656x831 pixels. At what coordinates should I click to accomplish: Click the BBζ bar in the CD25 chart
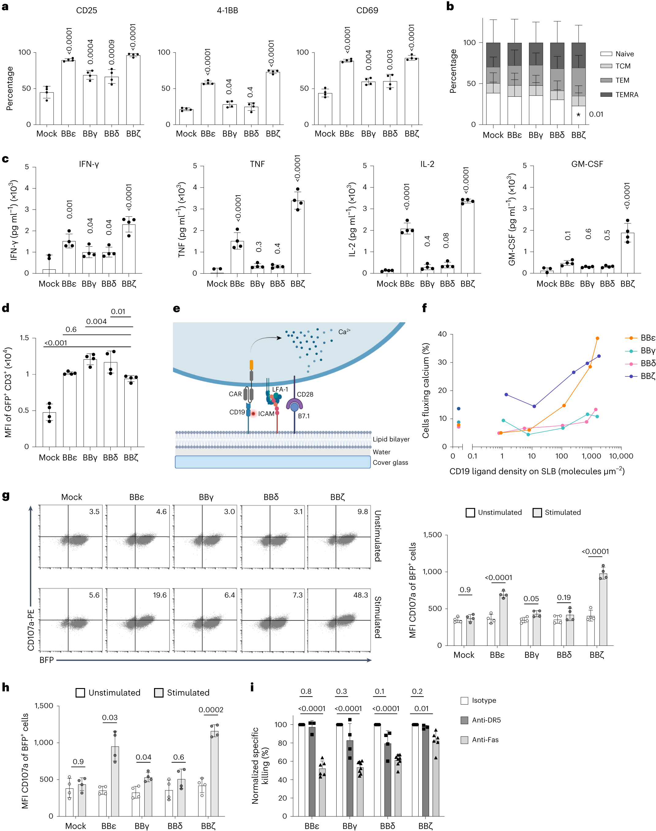[x=133, y=90]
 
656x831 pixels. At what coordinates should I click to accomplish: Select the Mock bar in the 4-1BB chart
[x=186, y=117]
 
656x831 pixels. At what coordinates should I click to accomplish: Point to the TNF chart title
[x=257, y=164]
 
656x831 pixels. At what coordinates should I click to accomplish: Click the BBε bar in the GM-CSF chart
[x=567, y=268]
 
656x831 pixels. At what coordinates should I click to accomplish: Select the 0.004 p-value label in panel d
[x=96, y=322]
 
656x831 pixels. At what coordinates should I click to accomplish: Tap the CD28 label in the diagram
[x=305, y=394]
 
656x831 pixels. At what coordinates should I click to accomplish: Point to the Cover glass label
[x=390, y=462]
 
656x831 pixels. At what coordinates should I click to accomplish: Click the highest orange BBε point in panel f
[x=597, y=339]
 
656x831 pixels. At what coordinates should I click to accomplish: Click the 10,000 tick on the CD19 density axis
[x=621, y=456]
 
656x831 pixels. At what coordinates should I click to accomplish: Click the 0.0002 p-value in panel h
[x=211, y=710]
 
